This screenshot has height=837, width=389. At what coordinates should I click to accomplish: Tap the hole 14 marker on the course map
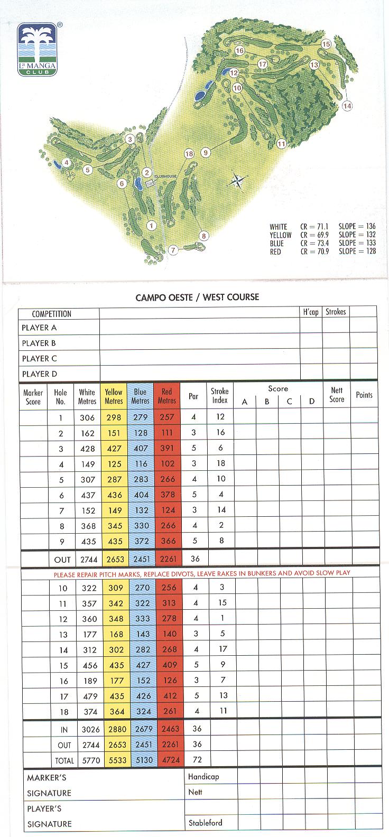click(347, 106)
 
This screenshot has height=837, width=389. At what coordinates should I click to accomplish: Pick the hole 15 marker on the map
click(326, 44)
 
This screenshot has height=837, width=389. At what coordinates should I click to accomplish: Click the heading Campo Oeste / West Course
click(197, 297)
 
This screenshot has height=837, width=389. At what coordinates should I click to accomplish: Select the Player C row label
click(39, 358)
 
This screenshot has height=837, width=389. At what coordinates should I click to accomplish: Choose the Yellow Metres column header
click(114, 396)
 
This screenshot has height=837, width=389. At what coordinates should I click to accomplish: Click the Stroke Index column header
click(220, 396)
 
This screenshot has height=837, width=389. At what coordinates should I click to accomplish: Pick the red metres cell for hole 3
click(167, 448)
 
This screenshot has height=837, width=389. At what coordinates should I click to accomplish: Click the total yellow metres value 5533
click(114, 760)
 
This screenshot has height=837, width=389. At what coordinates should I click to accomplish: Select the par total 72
click(197, 760)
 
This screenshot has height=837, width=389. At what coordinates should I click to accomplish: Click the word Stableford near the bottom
click(205, 823)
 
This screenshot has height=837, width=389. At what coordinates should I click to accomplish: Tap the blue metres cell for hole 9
click(140, 541)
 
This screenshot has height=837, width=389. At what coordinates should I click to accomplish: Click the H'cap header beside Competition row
click(311, 312)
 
